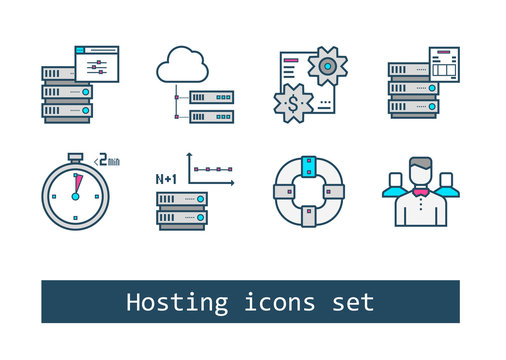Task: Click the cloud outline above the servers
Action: (182, 66)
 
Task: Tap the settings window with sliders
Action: (97, 63)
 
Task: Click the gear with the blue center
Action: (326, 65)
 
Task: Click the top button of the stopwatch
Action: (74, 154)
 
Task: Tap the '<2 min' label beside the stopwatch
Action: (105, 157)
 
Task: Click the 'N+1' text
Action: (167, 179)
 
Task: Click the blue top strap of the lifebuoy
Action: (309, 161)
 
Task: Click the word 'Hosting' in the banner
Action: (174, 302)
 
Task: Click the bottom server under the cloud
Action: (211, 116)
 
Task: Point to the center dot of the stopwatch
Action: (74, 196)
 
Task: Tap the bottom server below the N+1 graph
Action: (181, 224)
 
